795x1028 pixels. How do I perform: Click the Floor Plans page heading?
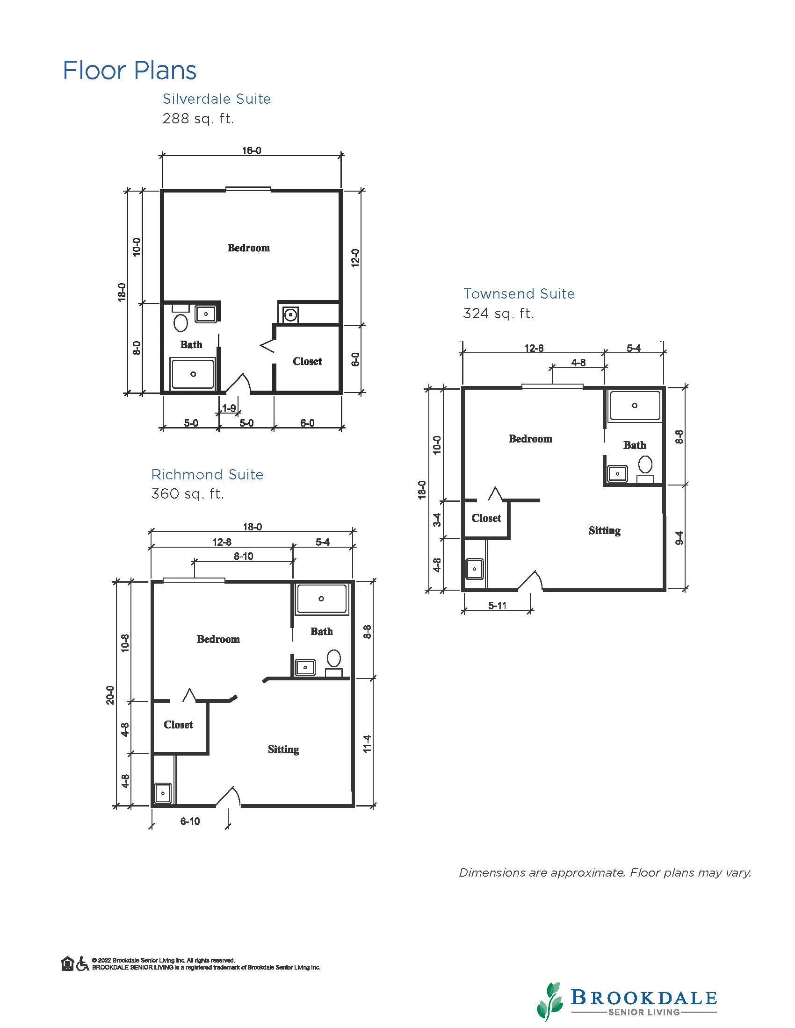(130, 71)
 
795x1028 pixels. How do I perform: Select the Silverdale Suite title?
(217, 99)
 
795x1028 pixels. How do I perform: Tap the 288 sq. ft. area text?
(198, 118)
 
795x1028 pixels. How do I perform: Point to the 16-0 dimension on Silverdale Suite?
(252, 150)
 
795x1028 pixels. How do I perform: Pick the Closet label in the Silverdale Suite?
(307, 361)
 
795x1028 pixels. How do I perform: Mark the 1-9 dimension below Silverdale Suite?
(229, 408)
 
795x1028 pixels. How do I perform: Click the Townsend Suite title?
(519, 294)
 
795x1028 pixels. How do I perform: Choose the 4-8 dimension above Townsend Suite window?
(578, 363)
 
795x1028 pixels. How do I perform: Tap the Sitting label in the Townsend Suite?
(604, 530)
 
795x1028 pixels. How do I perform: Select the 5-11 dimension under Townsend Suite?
(498, 606)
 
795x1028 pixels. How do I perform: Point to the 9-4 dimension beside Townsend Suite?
(679, 538)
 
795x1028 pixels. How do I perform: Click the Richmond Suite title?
(207, 474)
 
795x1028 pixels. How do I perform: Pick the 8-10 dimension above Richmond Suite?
(244, 557)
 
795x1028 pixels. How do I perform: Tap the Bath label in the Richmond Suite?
(322, 631)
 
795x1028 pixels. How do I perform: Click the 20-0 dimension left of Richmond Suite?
(110, 695)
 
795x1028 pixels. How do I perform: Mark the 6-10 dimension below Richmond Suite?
(190, 821)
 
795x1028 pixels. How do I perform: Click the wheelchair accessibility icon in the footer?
(82, 964)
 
